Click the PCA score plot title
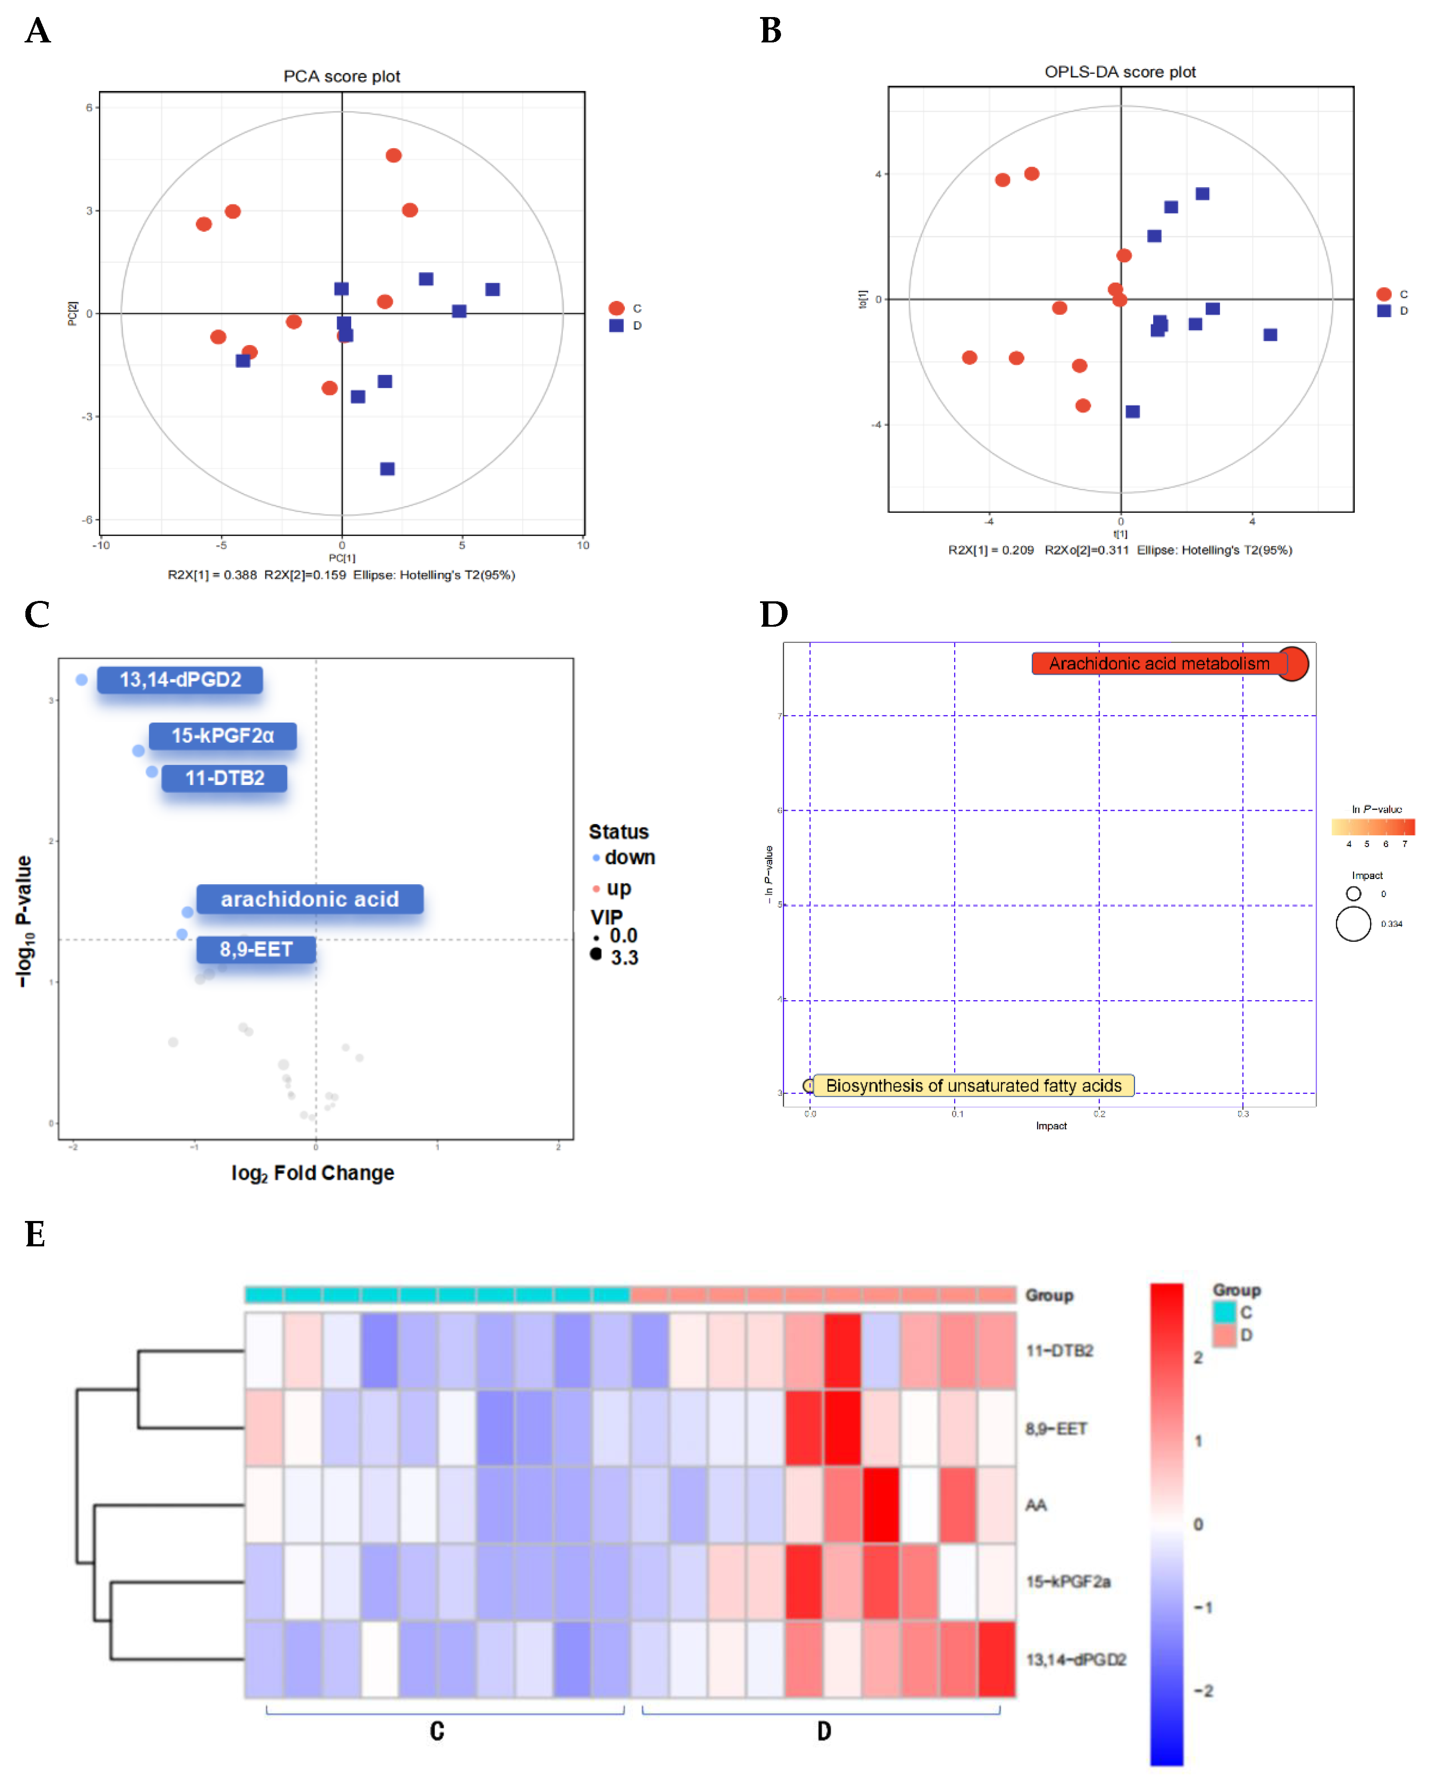point(342,76)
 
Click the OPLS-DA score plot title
point(1120,72)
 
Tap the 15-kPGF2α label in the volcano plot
point(222,736)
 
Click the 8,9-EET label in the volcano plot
point(255,949)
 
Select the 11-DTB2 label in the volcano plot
point(224,778)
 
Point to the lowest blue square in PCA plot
point(387,469)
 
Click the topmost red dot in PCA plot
point(394,156)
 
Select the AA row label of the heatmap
point(1036,1505)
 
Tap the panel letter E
point(35,1234)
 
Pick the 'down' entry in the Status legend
point(629,858)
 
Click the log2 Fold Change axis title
point(312,1173)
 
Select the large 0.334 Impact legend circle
point(1353,924)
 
